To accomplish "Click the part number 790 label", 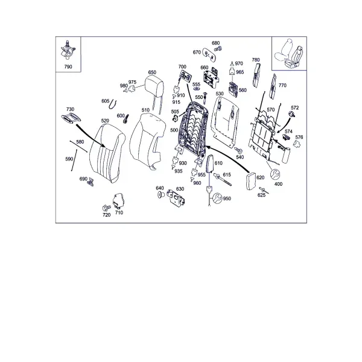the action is coord(68,67).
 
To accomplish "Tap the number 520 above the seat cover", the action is coord(105,121).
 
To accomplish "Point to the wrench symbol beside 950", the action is coord(217,198).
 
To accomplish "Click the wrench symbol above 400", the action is coord(275,174).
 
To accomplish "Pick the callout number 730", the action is coord(70,109).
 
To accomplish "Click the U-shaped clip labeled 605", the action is coord(113,104).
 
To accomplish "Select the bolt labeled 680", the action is coord(218,49).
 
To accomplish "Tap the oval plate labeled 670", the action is coord(209,55).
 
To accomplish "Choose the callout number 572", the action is coord(295,107).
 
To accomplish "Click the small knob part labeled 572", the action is coord(292,114).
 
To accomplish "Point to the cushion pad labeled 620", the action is coord(251,181).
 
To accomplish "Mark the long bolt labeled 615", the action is coord(223,180).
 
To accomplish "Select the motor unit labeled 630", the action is coord(176,197).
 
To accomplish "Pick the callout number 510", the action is coord(145,110).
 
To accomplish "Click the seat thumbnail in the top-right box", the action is coord(289,53).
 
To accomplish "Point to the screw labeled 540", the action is coord(238,150).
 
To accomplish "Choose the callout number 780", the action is coord(256,60).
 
